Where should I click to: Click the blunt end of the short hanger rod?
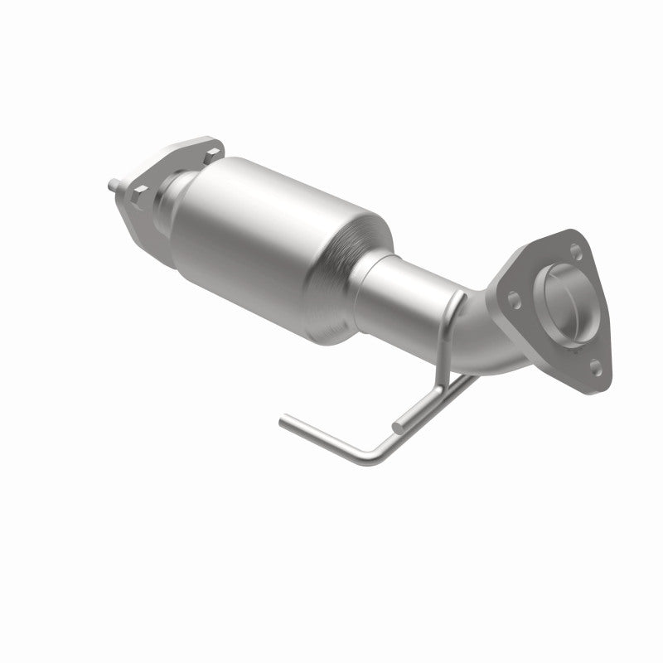point(397,428)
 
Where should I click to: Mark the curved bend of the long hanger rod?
point(365,455)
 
